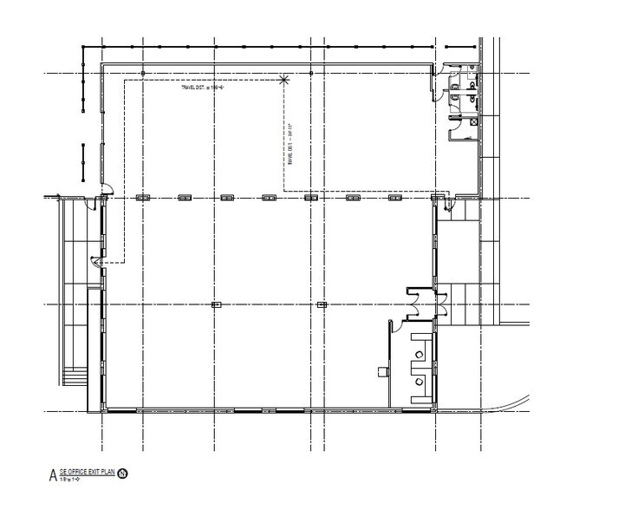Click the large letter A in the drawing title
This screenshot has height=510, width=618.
[54, 475]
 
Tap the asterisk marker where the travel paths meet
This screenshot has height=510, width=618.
[287, 80]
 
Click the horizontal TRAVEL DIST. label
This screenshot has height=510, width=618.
[198, 87]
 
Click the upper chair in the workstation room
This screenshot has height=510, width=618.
[420, 354]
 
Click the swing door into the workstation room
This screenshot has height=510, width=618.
[394, 326]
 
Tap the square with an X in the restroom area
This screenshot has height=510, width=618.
[473, 123]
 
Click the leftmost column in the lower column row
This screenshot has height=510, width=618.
[216, 304]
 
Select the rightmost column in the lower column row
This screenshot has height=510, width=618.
[322, 304]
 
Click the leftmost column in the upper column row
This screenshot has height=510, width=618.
[142, 198]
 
